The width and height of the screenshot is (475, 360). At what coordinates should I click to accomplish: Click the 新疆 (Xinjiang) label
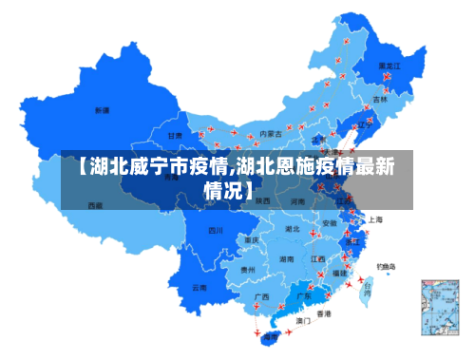tap(102, 110)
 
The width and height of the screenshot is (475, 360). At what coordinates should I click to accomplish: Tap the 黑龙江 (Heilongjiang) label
tap(389, 66)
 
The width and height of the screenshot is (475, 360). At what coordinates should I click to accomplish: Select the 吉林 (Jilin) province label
tap(380, 99)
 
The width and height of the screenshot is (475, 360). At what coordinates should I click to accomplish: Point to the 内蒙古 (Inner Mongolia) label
tap(271, 134)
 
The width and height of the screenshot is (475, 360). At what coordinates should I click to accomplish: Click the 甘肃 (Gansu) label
tap(175, 136)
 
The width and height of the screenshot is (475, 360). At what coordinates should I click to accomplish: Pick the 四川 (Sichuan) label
tap(216, 230)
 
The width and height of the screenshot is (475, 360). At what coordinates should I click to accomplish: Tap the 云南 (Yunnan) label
tap(199, 286)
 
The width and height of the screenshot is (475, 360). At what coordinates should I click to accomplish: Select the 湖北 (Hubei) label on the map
tap(293, 229)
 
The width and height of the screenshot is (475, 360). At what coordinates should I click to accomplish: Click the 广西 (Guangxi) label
tap(261, 296)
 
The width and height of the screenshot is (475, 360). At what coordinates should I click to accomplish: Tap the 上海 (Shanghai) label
tap(375, 219)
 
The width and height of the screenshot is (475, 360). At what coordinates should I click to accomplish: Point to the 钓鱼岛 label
tap(387, 266)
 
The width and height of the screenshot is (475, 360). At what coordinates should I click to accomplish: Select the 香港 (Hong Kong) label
tap(324, 313)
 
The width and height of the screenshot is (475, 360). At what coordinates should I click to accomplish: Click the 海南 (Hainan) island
tap(272, 335)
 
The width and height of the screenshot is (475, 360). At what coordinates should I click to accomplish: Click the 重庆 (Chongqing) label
tap(251, 240)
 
